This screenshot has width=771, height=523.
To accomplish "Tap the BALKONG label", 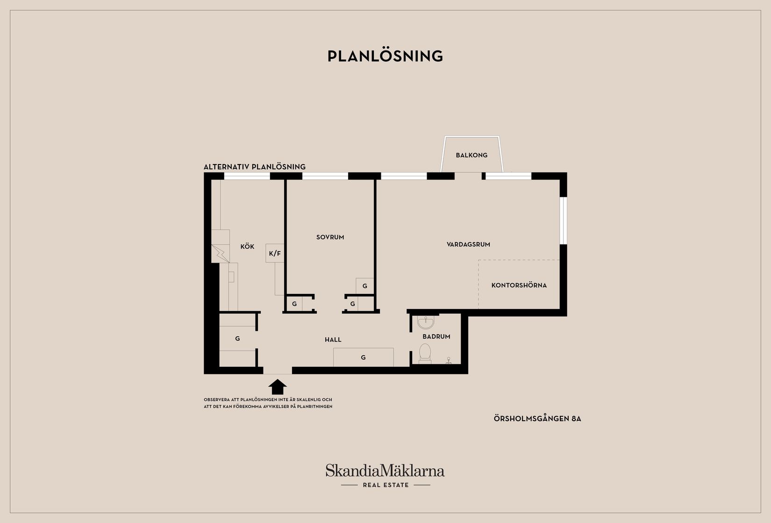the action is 471,155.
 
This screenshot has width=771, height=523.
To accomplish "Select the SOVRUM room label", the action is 330,237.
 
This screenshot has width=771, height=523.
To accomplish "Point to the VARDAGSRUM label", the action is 468,244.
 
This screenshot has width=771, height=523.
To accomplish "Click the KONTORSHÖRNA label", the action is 519,286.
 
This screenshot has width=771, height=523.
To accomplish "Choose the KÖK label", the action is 247,246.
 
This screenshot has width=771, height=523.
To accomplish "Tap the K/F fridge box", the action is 275,253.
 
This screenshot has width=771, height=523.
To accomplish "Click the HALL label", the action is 333,340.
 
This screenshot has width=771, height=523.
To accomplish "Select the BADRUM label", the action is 436,337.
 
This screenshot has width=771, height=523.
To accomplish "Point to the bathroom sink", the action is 426,322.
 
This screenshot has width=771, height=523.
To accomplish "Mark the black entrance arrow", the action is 278,387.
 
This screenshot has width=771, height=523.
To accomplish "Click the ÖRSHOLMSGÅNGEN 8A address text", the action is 537,419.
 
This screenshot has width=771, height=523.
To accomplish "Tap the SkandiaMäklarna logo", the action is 385,470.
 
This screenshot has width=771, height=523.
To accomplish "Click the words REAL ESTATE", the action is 386,485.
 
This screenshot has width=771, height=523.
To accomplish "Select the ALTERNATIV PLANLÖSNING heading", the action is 254,167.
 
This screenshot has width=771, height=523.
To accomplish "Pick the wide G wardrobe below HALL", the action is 363,358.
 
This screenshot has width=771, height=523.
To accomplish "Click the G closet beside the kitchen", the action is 237,339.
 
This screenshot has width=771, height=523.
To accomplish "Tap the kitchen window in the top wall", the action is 247,176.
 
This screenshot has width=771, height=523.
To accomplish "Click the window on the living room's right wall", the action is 563,220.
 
